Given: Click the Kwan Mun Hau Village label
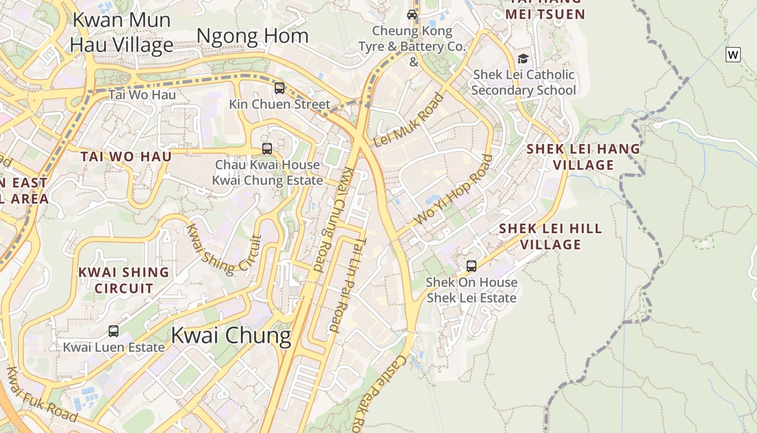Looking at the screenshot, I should (122, 32).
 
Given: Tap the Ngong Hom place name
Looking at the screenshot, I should (253, 36).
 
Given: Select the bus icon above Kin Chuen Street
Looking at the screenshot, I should (279, 88).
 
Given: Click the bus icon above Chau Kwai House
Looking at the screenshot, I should (267, 148).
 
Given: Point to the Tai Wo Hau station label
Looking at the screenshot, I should (142, 95).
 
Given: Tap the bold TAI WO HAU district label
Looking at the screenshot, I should (126, 156).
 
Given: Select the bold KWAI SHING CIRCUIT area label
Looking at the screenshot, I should (124, 280).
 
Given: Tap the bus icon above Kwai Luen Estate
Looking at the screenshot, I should (114, 331).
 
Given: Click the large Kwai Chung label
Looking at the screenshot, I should (231, 336).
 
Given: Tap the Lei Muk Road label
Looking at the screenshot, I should (409, 120).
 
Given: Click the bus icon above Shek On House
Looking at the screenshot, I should (472, 266).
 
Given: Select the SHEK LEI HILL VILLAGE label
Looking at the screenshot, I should (550, 236).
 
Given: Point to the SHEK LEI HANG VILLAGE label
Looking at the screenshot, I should (583, 156).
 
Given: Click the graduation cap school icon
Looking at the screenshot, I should (523, 58).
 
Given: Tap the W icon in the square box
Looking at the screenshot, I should (733, 55).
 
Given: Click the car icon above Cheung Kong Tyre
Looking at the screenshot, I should (412, 15).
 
